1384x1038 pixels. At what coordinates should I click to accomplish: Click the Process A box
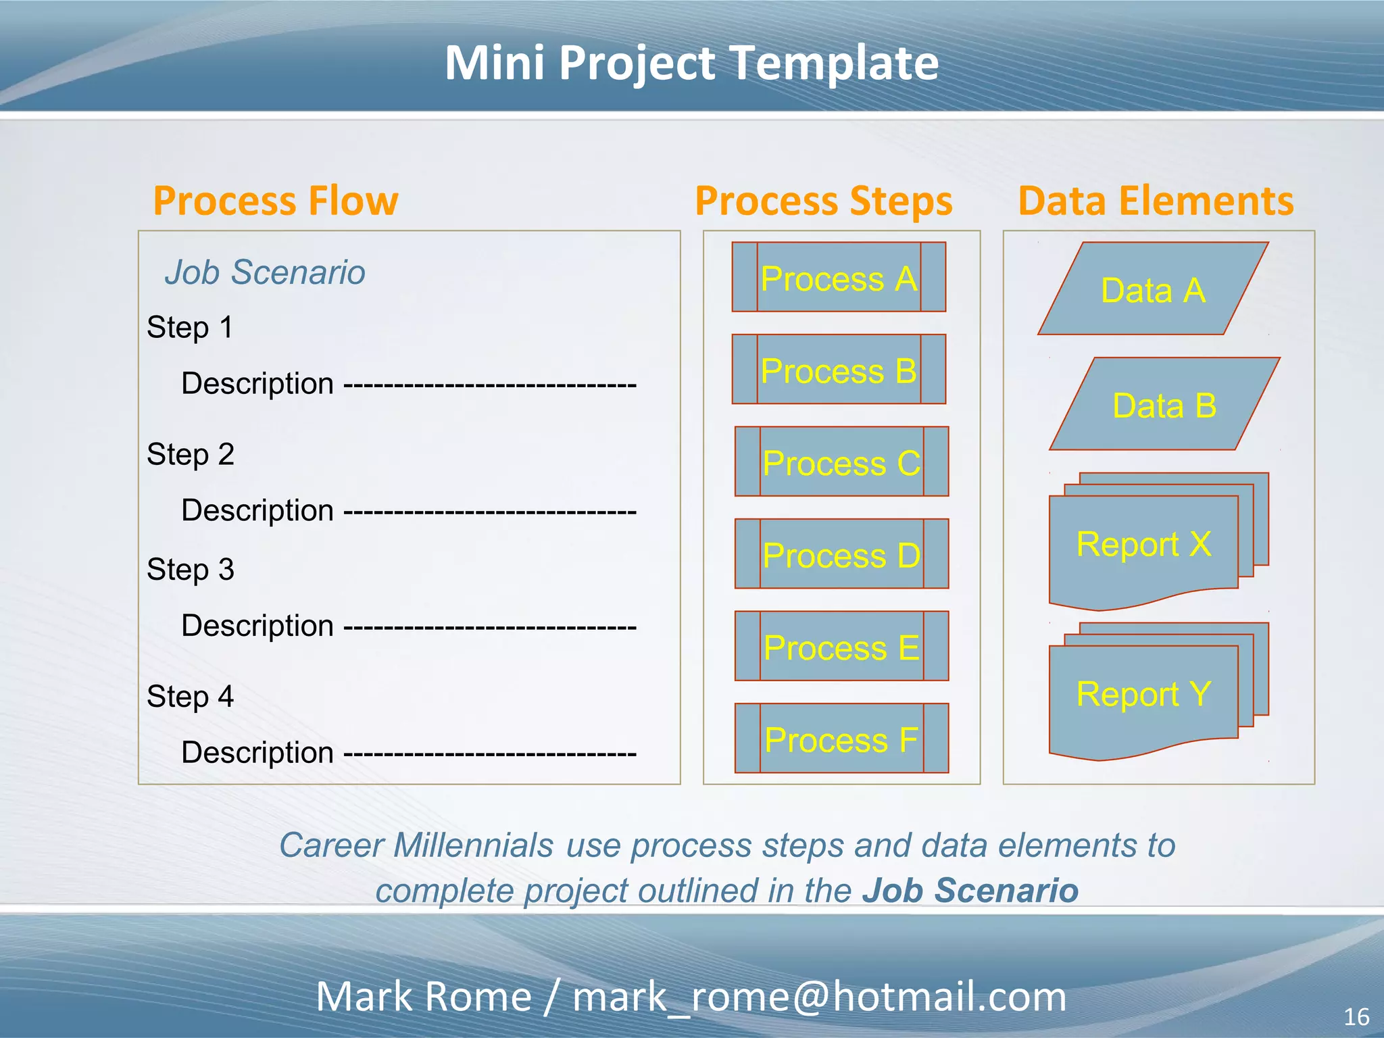click(x=839, y=277)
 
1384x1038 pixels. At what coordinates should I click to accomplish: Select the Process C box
click(x=841, y=462)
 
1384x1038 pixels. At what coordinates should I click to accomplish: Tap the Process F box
click(x=841, y=738)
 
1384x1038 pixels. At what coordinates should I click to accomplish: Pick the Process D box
click(x=841, y=554)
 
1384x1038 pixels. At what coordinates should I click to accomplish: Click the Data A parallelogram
click(x=1153, y=289)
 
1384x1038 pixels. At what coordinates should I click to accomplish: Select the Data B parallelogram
click(x=1164, y=404)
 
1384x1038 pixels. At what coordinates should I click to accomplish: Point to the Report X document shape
click(x=1143, y=545)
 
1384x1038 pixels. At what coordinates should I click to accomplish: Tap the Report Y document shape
click(x=1143, y=695)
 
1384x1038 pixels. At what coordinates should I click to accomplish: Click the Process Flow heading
click(x=276, y=201)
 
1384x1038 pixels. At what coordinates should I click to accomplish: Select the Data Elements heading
click(x=1156, y=201)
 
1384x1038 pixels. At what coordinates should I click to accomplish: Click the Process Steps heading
click(x=824, y=201)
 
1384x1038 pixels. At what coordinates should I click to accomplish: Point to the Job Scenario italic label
click(x=265, y=272)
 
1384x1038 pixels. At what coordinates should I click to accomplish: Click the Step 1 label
click(x=190, y=328)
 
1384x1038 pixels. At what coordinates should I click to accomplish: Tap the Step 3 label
click(x=191, y=570)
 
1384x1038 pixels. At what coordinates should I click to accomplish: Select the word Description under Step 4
click(x=257, y=752)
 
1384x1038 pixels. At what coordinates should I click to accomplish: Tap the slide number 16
click(x=1356, y=1016)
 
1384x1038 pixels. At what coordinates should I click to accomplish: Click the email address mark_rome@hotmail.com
click(x=819, y=997)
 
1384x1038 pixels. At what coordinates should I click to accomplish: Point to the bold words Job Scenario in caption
click(x=970, y=890)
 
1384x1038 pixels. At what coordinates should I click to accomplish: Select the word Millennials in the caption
click(x=473, y=845)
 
